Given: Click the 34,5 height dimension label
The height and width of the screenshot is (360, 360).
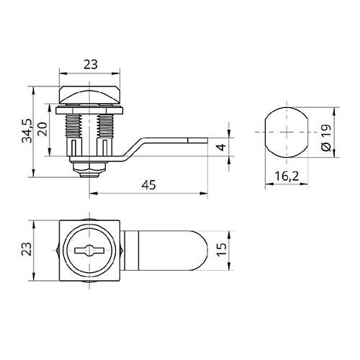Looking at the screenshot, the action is pos(27,131).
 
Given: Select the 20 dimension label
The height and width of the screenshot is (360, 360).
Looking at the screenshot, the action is pos(42,129).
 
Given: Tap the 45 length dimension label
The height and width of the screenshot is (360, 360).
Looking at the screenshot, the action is pos(148,185).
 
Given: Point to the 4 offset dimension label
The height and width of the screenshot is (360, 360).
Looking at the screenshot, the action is pos(221,147).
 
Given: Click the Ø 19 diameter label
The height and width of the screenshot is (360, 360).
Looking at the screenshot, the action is pos(326,138).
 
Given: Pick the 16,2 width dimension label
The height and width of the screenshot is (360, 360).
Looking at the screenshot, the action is pos(287,176).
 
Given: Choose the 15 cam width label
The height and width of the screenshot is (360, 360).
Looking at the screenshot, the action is pos(221,250).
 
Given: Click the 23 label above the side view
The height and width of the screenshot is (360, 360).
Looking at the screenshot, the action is pos(91,65).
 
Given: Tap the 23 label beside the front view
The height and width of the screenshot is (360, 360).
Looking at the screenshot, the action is pos(27,249).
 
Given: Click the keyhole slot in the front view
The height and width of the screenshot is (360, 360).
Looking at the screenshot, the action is pos(89,251).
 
